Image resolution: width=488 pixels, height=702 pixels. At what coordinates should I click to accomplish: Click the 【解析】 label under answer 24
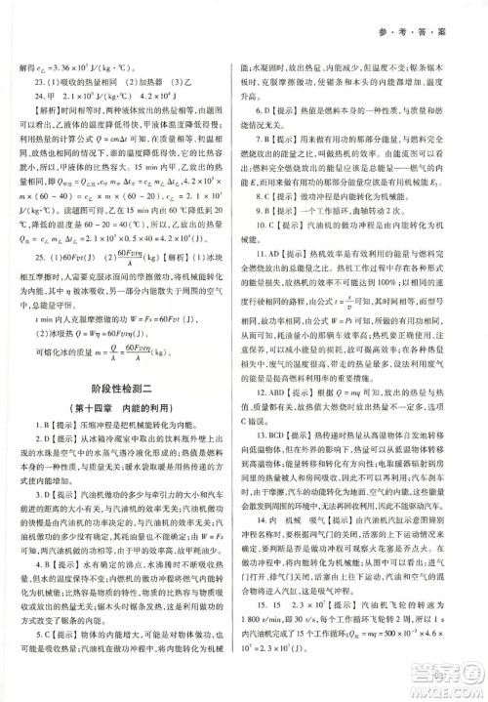[x=45, y=111]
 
